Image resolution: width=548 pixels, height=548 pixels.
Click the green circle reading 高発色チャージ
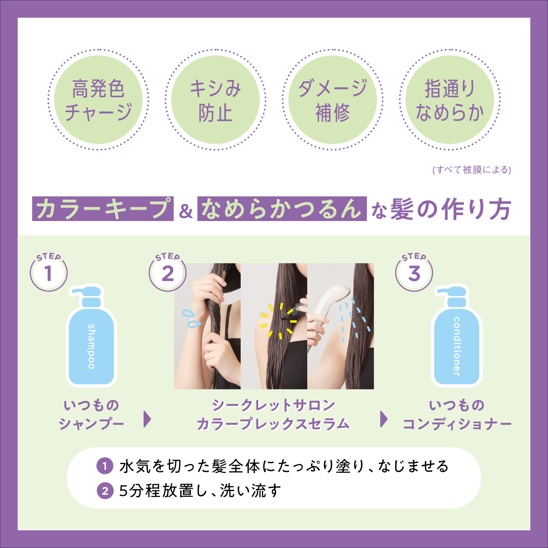pyautogui.click(x=98, y=100)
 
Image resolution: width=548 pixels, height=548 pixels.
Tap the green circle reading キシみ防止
pyautogui.click(x=216, y=100)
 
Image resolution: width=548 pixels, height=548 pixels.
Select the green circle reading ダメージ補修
pyautogui.click(x=332, y=100)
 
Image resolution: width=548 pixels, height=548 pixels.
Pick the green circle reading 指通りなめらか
pyautogui.click(x=450, y=100)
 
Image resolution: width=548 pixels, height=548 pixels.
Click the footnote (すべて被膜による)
pyautogui.click(x=472, y=170)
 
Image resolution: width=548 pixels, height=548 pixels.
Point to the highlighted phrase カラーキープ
pyautogui.click(x=103, y=209)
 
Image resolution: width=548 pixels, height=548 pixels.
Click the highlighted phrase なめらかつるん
pyautogui.click(x=282, y=209)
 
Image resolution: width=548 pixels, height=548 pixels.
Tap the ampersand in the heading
pyautogui.click(x=186, y=212)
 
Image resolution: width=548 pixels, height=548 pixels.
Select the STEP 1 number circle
pyautogui.click(x=49, y=273)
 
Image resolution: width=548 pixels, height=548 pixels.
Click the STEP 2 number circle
pyautogui.click(x=168, y=273)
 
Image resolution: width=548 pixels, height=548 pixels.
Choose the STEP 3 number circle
pyautogui.click(x=414, y=273)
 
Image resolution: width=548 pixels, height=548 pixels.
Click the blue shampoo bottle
pyautogui.click(x=91, y=336)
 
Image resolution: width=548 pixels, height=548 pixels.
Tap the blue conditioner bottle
pyautogui.click(x=457, y=336)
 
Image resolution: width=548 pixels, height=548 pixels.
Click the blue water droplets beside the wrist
pyautogui.click(x=191, y=318)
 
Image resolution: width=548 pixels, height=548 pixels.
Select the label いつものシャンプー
pyautogui.click(x=91, y=415)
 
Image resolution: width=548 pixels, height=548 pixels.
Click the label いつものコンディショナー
pyautogui.click(x=457, y=415)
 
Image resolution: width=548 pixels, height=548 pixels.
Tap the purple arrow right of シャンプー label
pyautogui.click(x=147, y=419)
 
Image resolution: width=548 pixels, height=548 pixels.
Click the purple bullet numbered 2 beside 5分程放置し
pyautogui.click(x=105, y=491)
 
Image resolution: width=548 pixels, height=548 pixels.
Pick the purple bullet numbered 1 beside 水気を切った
pyautogui.click(x=105, y=466)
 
